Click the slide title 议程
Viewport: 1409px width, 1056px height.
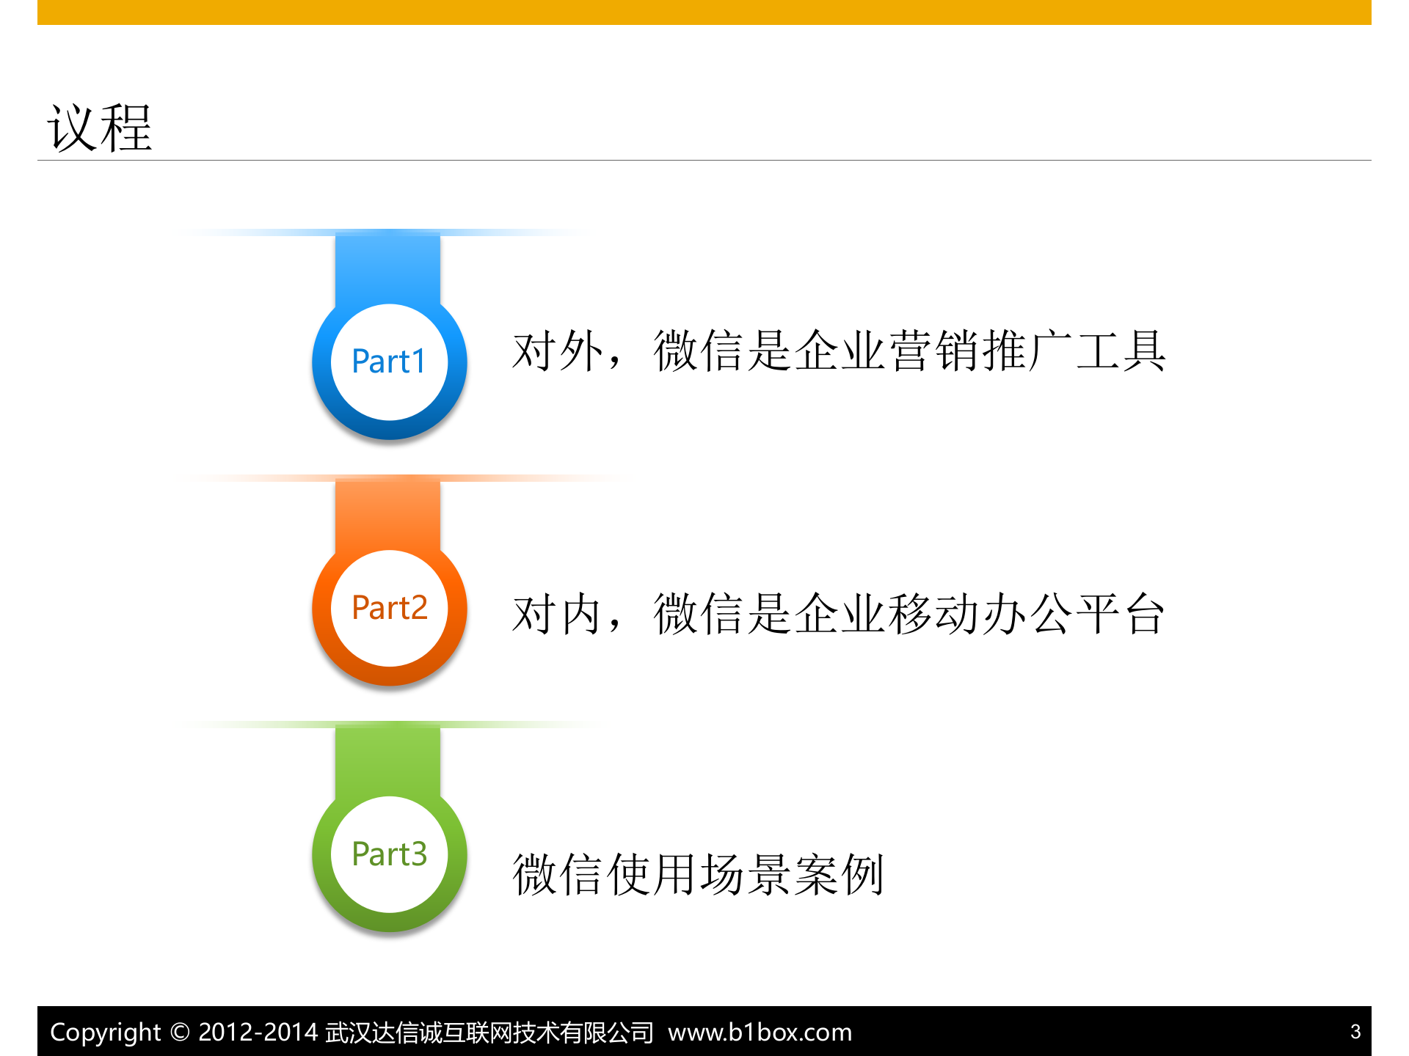click(100, 128)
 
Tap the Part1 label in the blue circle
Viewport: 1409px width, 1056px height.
click(389, 362)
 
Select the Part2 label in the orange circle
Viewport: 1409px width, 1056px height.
click(389, 608)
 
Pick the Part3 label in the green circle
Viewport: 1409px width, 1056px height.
click(389, 854)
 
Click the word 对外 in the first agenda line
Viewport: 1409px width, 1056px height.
click(558, 351)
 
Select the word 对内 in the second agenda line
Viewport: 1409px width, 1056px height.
click(558, 614)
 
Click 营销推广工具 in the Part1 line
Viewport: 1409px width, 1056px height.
click(1027, 351)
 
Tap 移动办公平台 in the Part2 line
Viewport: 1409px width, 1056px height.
click(1027, 614)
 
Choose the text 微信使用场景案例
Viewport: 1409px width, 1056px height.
click(698, 874)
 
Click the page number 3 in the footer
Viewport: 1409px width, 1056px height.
click(1355, 1032)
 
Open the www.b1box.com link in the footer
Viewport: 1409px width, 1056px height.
click(760, 1033)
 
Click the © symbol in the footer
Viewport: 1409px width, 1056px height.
click(180, 1033)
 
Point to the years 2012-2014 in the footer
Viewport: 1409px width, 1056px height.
click(258, 1033)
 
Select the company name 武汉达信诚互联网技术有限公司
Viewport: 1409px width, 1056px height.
click(489, 1033)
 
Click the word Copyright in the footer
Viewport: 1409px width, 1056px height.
click(105, 1033)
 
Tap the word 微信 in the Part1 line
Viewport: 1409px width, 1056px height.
click(699, 351)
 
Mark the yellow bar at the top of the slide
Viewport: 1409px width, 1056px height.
click(704, 12)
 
